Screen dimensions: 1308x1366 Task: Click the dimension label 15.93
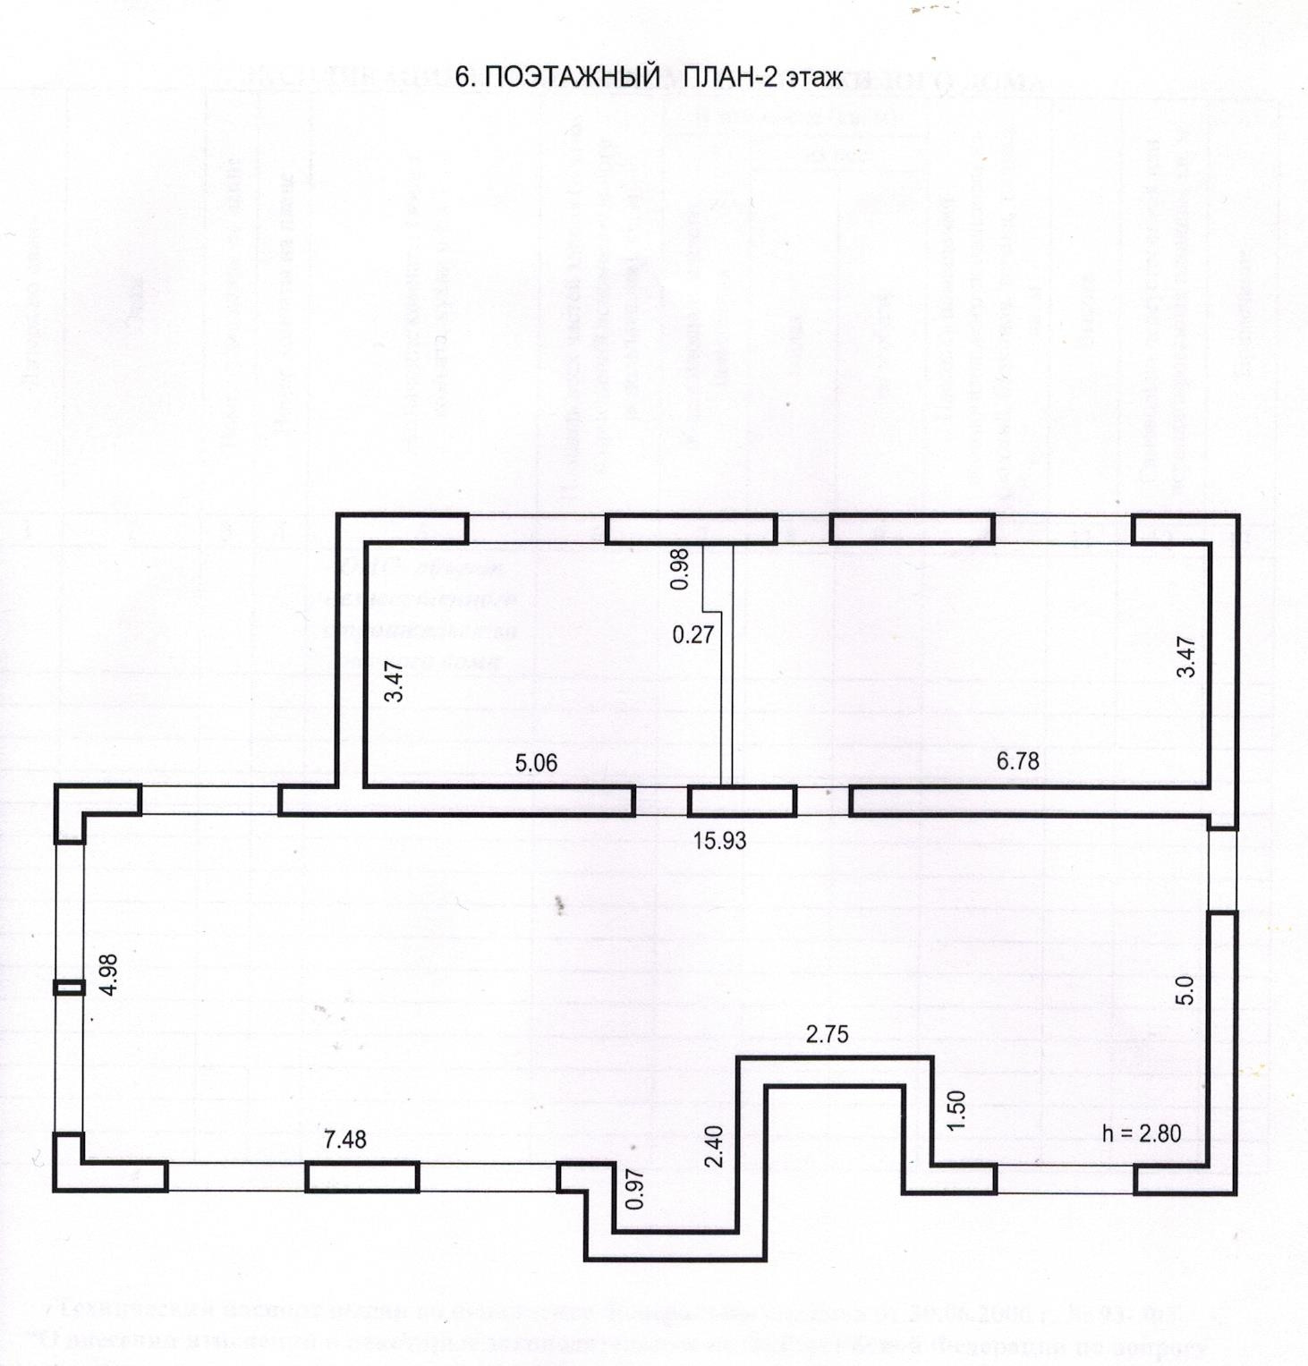coord(720,841)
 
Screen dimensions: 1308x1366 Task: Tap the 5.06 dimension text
coord(536,763)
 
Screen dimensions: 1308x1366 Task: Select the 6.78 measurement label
coord(1018,761)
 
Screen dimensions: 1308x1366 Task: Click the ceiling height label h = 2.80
coord(1142,1133)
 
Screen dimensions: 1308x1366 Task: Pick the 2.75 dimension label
coord(827,1035)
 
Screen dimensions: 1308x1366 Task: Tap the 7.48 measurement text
coord(344,1140)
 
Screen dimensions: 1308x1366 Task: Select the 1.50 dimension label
coord(956,1113)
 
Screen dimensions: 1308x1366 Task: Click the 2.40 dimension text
coord(714,1146)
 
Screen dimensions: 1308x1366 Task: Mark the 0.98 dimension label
coord(681,568)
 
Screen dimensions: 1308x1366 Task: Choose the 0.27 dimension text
coord(693,635)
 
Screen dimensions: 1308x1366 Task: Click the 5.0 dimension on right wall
coord(1185,990)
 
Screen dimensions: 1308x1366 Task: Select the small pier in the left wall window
coord(69,988)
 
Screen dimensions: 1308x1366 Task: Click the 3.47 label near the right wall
coord(1186,657)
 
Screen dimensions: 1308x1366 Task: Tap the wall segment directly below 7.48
coord(361,1176)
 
